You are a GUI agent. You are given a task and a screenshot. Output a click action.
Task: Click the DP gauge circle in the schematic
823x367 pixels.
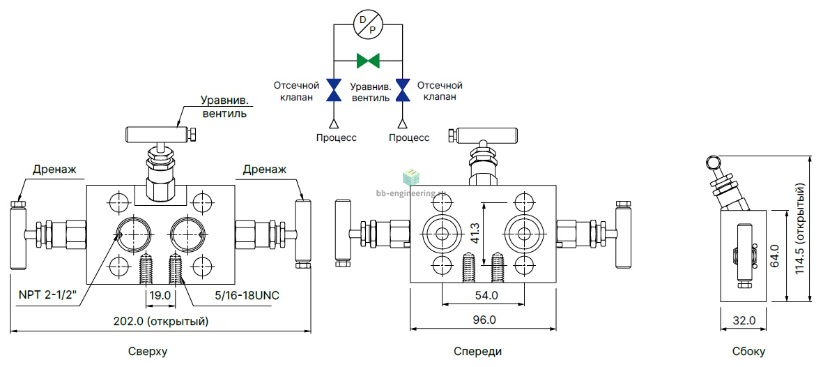tap(367, 24)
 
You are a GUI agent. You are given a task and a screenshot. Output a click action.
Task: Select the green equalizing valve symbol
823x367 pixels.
tap(367, 61)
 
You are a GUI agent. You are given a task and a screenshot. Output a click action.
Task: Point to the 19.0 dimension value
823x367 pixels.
tap(160, 296)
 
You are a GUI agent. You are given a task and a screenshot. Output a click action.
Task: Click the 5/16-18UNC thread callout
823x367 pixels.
tap(247, 296)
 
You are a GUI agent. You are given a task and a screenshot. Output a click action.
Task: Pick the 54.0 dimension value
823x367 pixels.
tap(486, 296)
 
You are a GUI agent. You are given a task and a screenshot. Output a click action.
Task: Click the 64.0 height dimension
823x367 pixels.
tap(774, 255)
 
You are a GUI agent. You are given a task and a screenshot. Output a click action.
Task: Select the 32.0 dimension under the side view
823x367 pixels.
tap(744, 321)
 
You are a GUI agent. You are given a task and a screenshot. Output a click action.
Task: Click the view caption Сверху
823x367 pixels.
tap(148, 352)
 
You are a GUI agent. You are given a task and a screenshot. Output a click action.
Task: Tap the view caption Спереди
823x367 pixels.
tap(477, 352)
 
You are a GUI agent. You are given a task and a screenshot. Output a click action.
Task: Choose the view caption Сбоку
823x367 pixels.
tap(749, 352)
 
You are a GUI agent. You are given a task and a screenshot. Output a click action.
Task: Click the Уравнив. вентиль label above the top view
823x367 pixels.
tap(224, 107)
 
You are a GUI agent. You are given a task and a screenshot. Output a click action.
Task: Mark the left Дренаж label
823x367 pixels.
tap(54, 169)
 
